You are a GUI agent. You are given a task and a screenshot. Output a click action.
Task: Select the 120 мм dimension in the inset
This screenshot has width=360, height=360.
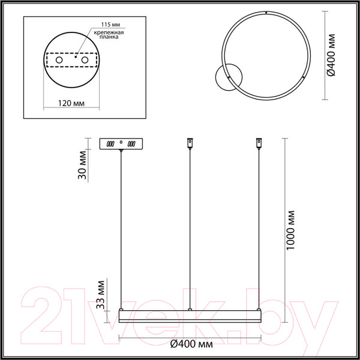[x=71, y=103]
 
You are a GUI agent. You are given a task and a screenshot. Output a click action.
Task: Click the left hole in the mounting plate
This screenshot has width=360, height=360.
[x=59, y=61]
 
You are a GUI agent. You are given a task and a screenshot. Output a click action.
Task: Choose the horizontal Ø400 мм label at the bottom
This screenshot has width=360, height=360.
[x=191, y=344]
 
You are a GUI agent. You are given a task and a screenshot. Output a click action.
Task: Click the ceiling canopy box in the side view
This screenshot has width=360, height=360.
[x=121, y=144]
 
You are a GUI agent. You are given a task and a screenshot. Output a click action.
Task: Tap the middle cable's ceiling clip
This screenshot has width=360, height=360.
[x=190, y=143]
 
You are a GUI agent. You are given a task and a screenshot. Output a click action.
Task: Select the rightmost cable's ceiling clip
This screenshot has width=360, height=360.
[x=259, y=143]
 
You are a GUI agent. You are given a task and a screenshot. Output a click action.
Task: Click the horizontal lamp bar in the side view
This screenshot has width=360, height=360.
[x=190, y=316]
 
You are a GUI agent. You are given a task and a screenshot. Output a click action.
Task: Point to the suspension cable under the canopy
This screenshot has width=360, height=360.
[x=122, y=228]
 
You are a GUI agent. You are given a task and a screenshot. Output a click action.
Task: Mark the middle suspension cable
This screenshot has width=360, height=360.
[x=190, y=228]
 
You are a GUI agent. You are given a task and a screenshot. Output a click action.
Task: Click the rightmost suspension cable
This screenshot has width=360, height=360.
[x=259, y=228]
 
